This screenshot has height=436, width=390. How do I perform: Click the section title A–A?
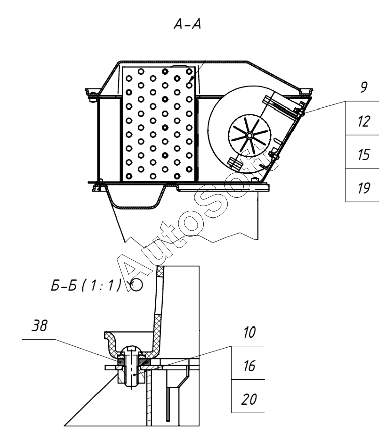point(187,24)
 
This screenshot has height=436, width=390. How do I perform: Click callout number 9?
point(364,87)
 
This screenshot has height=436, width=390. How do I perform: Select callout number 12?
point(363,121)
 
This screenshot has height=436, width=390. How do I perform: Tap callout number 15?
point(363,155)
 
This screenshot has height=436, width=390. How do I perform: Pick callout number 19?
point(363,188)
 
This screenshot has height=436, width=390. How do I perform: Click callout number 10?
point(249,333)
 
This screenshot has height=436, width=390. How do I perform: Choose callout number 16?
point(249,366)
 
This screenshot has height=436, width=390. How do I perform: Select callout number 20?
point(249,399)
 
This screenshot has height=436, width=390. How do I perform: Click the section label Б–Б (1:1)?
point(86,285)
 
